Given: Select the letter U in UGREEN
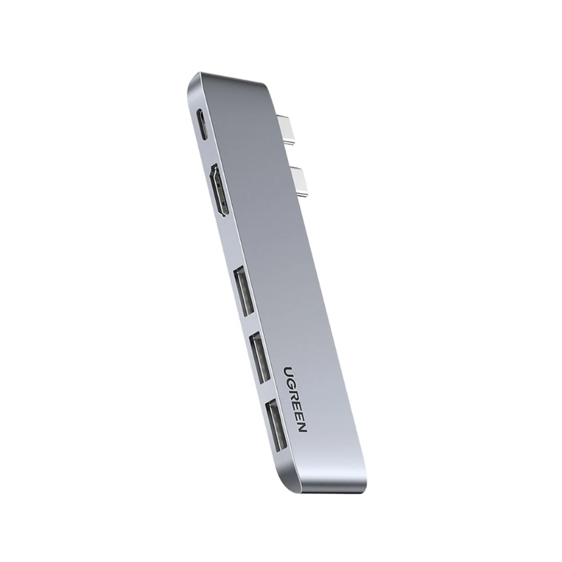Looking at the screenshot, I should pos(289,370).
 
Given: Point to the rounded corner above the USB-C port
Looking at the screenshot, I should pos(193,83).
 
